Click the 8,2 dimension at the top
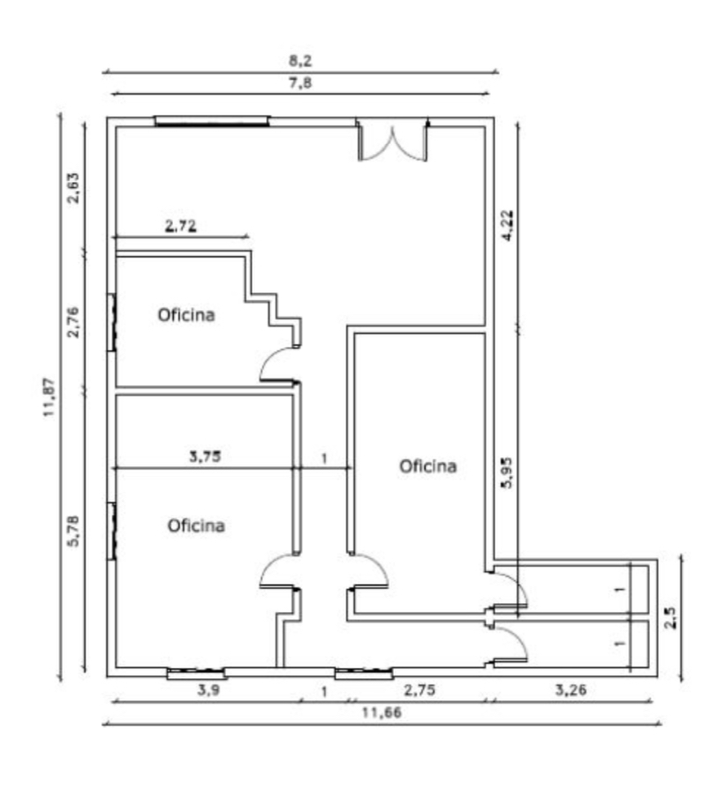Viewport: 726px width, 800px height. (300, 61)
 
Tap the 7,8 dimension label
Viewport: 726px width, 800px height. (300, 83)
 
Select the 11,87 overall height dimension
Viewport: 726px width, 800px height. (49, 397)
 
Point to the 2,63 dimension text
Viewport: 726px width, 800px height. (74, 188)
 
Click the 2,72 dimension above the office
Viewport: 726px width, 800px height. (180, 225)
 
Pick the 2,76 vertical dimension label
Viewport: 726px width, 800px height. (74, 321)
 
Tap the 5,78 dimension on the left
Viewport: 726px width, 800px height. (74, 531)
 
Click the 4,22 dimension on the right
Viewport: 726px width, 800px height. (508, 225)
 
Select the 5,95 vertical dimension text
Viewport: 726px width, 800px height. (508, 472)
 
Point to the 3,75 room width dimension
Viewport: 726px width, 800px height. (205, 457)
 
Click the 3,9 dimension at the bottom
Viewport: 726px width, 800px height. (208, 691)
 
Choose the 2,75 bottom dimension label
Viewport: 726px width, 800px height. (420, 691)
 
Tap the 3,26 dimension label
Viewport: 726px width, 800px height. (571, 691)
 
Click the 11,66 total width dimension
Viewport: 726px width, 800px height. (382, 713)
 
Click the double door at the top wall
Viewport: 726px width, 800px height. (392, 140)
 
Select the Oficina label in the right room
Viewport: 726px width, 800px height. (427, 466)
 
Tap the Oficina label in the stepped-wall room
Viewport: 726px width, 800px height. (186, 315)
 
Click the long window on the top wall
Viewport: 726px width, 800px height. (212, 121)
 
